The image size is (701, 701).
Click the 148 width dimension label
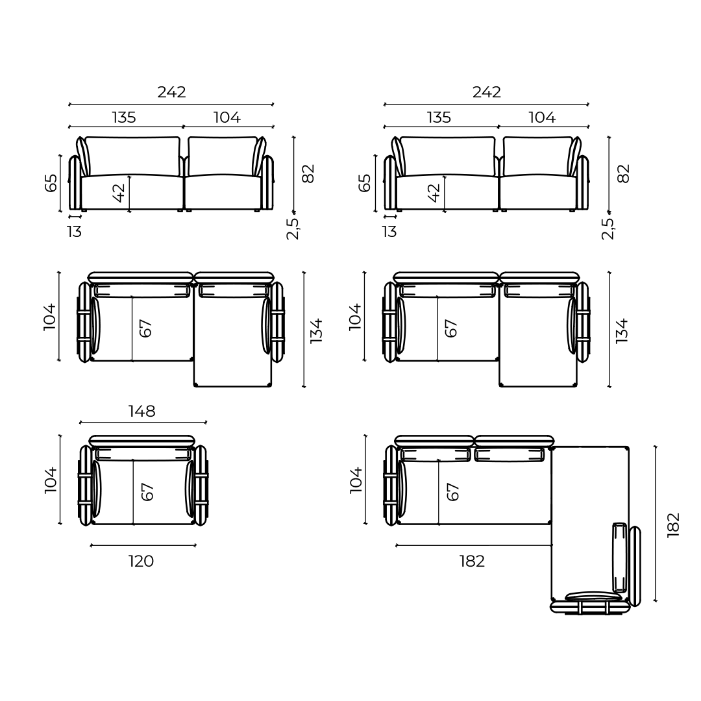pyautogui.click(x=141, y=412)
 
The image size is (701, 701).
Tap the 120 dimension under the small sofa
pyautogui.click(x=141, y=561)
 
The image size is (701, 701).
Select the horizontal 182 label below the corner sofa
pyautogui.click(x=472, y=561)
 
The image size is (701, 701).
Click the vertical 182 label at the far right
pyautogui.click(x=674, y=524)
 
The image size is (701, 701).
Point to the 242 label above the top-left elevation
pyautogui.click(x=171, y=92)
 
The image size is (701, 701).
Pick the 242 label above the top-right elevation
pyautogui.click(x=486, y=92)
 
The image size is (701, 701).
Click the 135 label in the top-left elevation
pyautogui.click(x=124, y=117)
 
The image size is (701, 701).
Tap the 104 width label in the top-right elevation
pyautogui.click(x=542, y=117)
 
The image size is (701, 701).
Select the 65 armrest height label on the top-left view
pyautogui.click(x=51, y=183)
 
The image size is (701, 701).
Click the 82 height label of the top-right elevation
pyautogui.click(x=623, y=173)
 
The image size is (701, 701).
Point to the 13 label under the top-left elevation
pyautogui.click(x=74, y=232)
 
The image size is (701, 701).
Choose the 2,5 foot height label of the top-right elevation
pyautogui.click(x=608, y=228)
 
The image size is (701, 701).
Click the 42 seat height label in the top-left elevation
pyautogui.click(x=119, y=192)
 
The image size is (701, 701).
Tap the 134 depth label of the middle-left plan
pyautogui.click(x=316, y=330)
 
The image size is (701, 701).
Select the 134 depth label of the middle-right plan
pyautogui.click(x=622, y=330)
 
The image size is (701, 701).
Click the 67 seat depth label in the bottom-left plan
pyautogui.click(x=148, y=491)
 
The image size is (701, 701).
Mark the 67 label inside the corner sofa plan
pyautogui.click(x=453, y=491)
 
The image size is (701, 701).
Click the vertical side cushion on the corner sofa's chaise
pyautogui.click(x=620, y=558)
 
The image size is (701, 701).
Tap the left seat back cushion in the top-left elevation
pyautogui.click(x=132, y=156)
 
